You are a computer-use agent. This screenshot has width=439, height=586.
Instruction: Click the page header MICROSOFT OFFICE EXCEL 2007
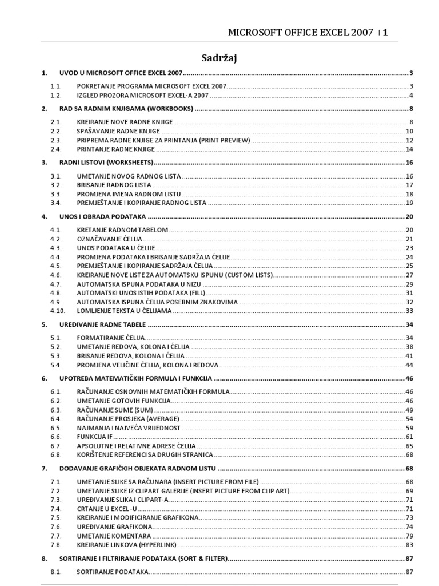click(x=300, y=33)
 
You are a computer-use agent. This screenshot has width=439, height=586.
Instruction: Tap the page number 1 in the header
click(x=385, y=33)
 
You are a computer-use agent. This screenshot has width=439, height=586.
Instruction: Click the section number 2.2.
click(x=55, y=131)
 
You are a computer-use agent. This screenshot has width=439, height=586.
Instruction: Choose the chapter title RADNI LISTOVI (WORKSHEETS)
click(x=107, y=163)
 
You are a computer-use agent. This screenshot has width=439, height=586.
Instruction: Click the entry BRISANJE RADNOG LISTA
click(x=114, y=185)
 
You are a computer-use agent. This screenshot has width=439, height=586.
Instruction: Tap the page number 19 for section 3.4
click(x=409, y=203)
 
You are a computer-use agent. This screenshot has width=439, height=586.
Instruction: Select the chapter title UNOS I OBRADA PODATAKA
click(x=103, y=216)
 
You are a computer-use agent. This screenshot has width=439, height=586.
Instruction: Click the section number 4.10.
click(x=57, y=311)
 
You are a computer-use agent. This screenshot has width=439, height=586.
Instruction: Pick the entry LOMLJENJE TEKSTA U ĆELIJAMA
click(x=124, y=311)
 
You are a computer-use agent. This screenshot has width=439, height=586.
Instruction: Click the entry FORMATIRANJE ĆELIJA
click(x=111, y=338)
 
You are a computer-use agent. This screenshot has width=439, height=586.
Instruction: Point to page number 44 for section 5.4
click(x=409, y=365)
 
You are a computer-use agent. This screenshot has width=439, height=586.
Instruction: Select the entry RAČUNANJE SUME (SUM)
click(x=115, y=410)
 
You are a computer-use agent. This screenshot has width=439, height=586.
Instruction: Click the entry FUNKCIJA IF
click(x=95, y=437)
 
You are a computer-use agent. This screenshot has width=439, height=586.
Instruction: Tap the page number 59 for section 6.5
click(x=409, y=427)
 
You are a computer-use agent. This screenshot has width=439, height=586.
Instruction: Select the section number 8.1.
click(x=55, y=572)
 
